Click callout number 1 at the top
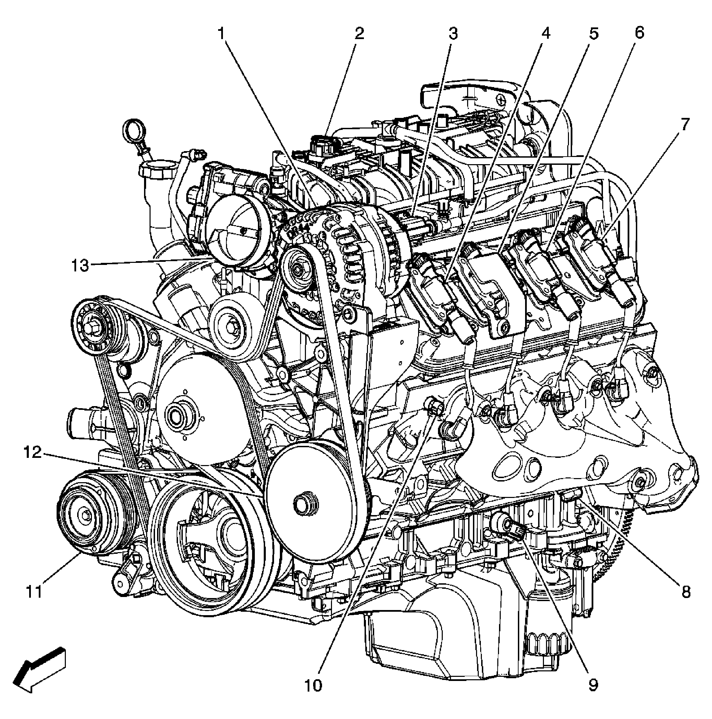pos(222,34)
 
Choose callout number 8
pos(686,592)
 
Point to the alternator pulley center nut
pos(298,267)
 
